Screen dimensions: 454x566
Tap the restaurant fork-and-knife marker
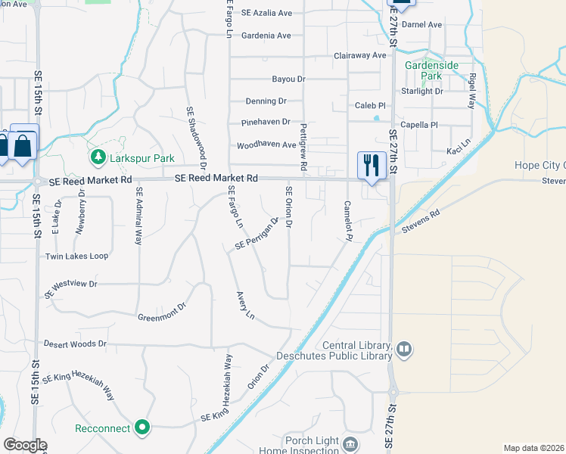(x=372, y=164)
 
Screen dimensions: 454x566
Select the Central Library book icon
(x=404, y=349)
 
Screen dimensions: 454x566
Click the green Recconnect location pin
(x=142, y=428)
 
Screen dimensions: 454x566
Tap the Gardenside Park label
(x=431, y=70)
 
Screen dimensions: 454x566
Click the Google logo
(x=24, y=445)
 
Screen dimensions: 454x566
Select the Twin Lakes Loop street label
(x=76, y=256)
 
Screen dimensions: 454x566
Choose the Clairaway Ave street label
(x=360, y=56)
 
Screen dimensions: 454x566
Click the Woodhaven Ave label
(x=267, y=145)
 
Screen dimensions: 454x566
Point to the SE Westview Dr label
(x=71, y=288)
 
